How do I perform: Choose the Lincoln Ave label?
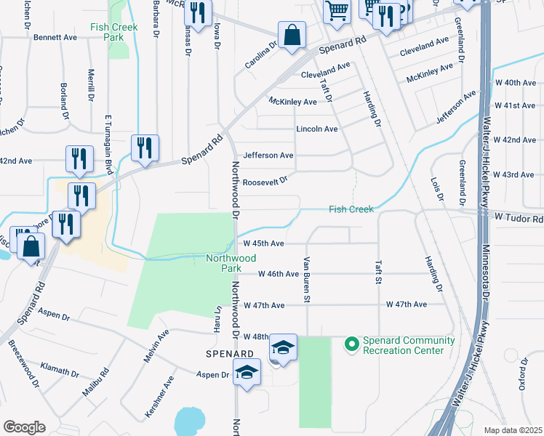316,129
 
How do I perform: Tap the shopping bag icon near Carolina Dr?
292,35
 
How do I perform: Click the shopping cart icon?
337,11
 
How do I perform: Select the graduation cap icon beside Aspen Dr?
247,374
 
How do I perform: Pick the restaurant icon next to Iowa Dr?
197,12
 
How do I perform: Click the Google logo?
24,427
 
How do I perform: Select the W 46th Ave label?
279,274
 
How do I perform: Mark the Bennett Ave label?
55,36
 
